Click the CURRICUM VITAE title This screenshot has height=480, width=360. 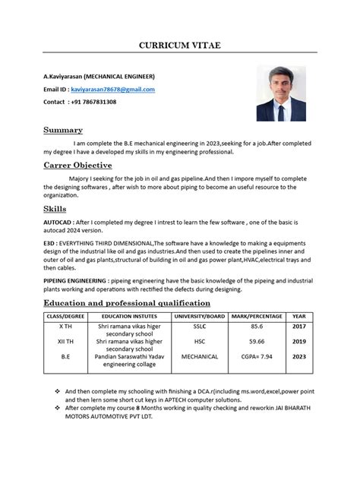pos(179,46)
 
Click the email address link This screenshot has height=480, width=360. pos(112,90)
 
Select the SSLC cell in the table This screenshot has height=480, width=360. pos(199,326)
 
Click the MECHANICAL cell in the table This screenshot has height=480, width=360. pos(199,356)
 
